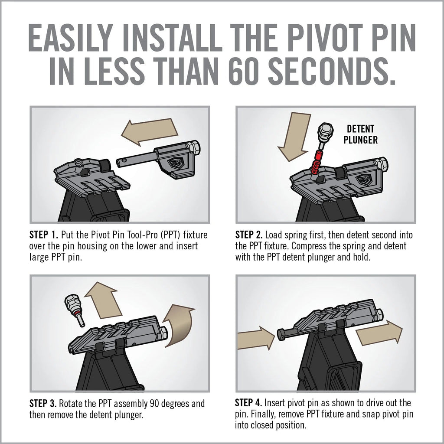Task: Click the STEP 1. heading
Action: (43, 235)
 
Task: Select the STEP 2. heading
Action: (249, 235)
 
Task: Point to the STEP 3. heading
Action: (43, 404)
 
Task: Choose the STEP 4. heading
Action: (249, 403)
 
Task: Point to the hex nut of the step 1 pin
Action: (195, 147)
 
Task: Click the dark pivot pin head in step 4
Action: (281, 334)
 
